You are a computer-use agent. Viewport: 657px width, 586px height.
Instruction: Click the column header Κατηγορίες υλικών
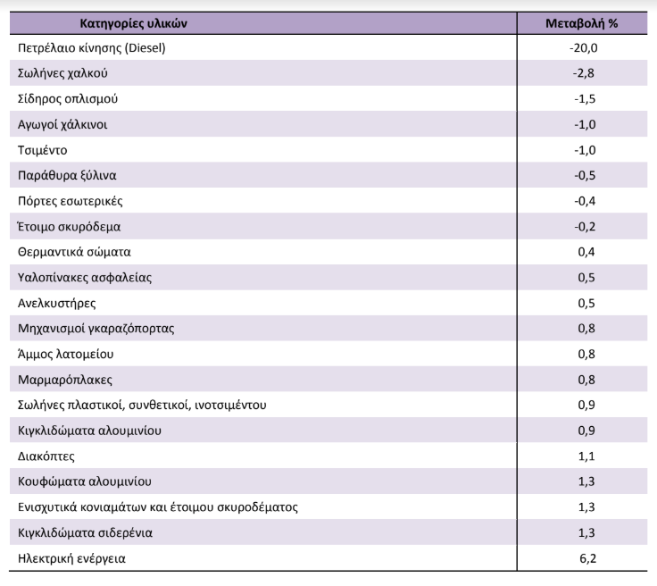[133, 23]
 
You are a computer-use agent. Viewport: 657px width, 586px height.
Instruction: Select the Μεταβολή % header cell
[582, 23]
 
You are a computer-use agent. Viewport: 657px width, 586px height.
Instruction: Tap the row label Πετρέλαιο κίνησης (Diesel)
[91, 47]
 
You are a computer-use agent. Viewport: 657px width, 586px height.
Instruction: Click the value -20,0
[584, 47]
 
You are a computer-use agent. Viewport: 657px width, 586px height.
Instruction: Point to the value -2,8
[584, 73]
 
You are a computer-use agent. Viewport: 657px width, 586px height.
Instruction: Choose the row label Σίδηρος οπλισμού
[68, 99]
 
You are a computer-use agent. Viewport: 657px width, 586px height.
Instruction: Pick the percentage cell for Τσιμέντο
[585, 150]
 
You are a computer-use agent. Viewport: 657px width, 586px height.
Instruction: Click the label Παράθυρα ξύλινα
[67, 175]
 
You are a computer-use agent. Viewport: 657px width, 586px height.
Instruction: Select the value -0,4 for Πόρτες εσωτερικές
[585, 201]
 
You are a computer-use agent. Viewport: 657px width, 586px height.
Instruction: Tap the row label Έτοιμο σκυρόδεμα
[69, 227]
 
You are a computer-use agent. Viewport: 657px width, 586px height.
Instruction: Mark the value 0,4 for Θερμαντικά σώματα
[586, 252]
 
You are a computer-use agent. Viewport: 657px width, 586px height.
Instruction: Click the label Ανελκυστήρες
[56, 303]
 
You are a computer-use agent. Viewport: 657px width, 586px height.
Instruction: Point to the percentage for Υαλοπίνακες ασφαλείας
[586, 278]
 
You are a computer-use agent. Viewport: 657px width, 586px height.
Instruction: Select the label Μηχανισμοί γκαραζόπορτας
[96, 328]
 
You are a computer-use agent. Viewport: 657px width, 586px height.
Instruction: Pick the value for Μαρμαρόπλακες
[586, 380]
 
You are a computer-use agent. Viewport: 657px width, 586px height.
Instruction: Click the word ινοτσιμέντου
[231, 405]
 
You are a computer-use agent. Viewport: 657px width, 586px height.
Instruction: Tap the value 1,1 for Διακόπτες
[586, 456]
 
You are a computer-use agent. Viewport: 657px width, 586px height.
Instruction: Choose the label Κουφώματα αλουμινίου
[85, 481]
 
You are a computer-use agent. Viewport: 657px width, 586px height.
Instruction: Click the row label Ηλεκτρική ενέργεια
[71, 558]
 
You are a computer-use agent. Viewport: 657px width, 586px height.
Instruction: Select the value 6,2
[588, 558]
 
